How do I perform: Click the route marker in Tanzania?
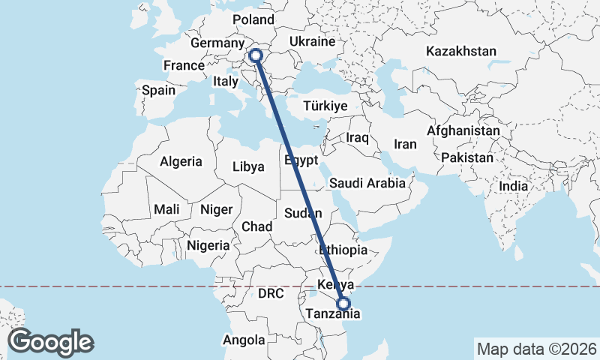[x=343, y=304]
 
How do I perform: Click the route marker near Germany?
[x=255, y=55]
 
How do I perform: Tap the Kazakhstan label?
[x=461, y=52]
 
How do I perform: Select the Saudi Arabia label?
[x=367, y=183]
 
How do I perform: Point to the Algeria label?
[x=181, y=161]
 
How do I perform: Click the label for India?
[x=514, y=186]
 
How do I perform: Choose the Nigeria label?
[x=208, y=245]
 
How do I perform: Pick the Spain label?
[x=158, y=90]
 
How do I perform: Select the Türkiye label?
[x=325, y=106]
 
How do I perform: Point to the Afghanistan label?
[x=463, y=130]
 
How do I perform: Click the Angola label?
[x=244, y=340]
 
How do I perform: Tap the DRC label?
[x=271, y=294]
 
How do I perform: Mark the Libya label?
[x=248, y=166]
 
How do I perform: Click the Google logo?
[x=50, y=342]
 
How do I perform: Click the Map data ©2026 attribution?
[x=536, y=349]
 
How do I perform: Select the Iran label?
[x=405, y=144]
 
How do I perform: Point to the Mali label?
[x=166, y=210]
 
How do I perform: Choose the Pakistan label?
[x=467, y=158]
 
